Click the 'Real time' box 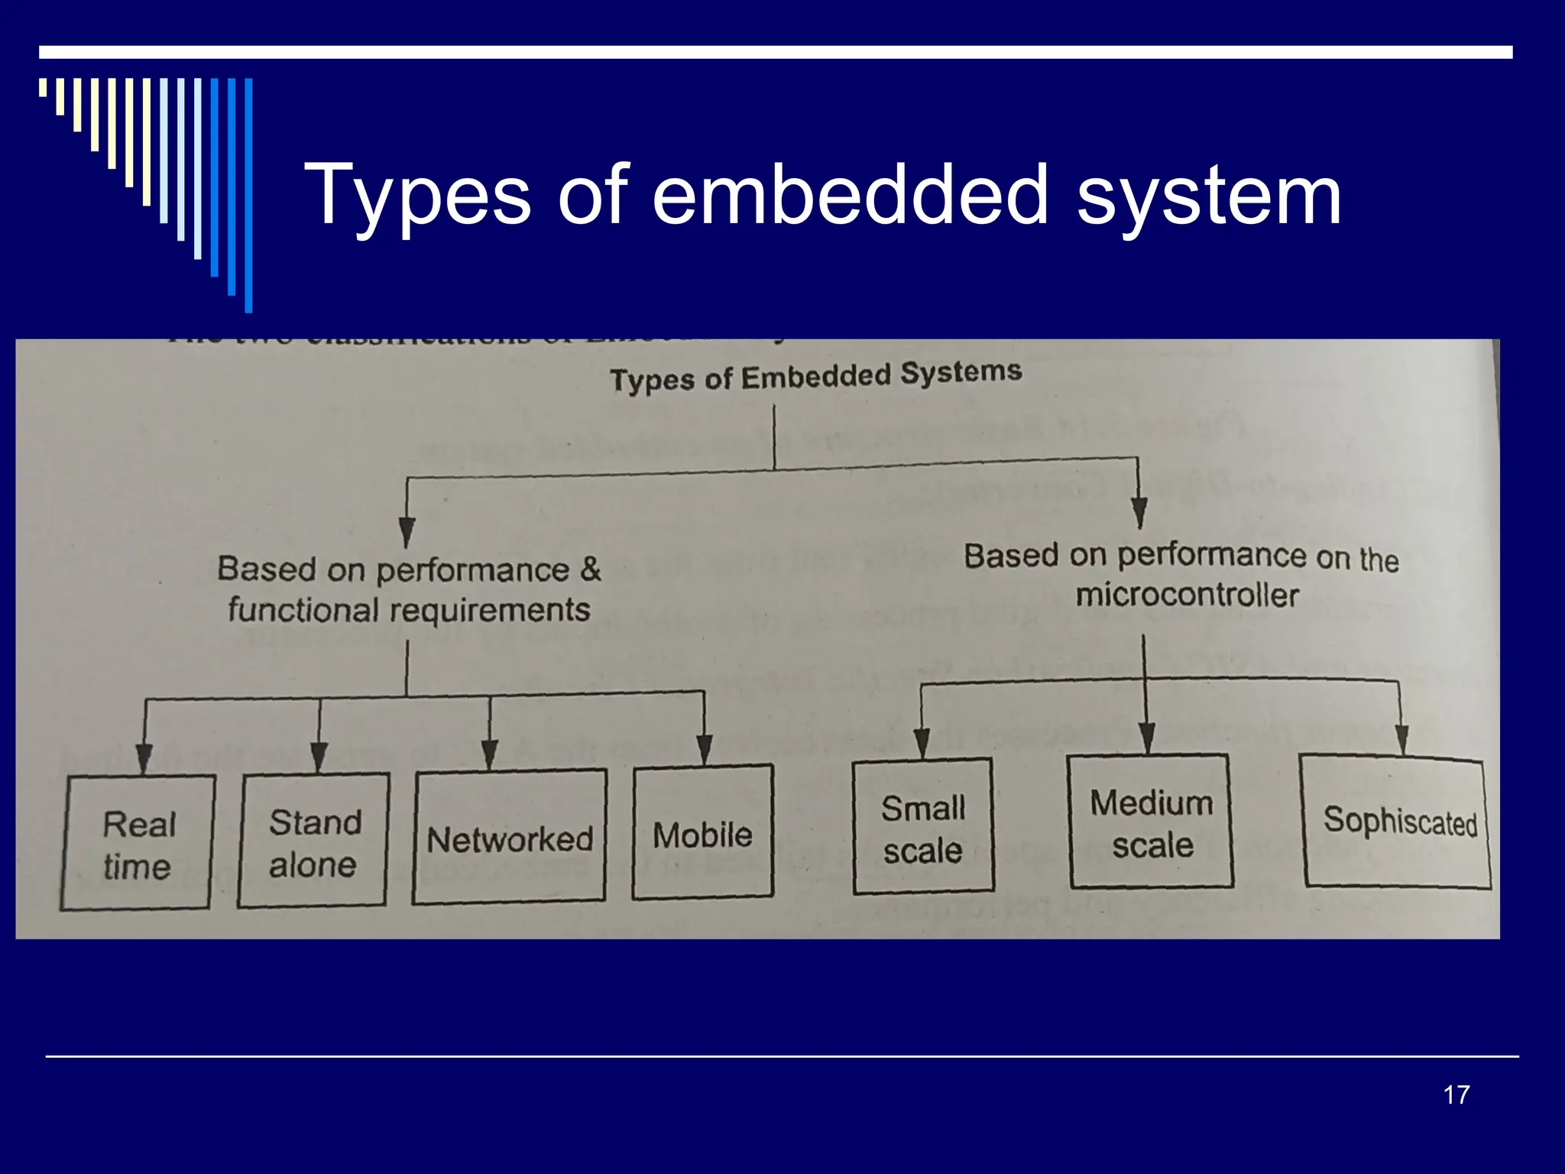pos(138,843)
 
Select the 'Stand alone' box pos(313,841)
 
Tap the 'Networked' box pos(510,838)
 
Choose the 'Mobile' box pos(703,832)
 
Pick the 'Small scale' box pos(923,827)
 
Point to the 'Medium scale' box pos(1152,822)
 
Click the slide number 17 pos(1456,1095)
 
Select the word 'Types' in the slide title pos(416,197)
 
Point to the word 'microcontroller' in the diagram pos(1187,595)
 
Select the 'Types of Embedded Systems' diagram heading pos(815,376)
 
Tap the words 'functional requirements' pos(409,610)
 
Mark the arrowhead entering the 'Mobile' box pos(705,749)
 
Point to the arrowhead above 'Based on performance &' pos(407,531)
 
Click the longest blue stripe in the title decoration pos(248,195)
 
